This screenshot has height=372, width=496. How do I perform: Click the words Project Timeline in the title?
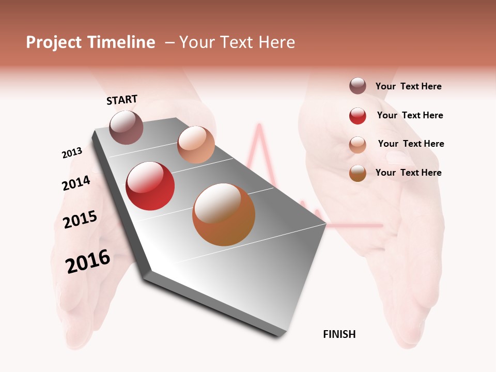click(x=90, y=42)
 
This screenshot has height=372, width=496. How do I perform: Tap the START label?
click(x=122, y=100)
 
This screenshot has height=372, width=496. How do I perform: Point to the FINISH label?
click(x=339, y=334)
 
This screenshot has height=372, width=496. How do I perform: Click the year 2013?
click(x=72, y=153)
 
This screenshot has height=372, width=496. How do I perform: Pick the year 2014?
click(x=76, y=183)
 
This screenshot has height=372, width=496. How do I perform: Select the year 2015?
click(x=80, y=220)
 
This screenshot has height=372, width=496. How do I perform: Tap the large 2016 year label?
click(x=88, y=261)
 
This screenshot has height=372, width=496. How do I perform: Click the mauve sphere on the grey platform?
click(x=127, y=127)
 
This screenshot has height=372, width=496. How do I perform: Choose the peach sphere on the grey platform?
click(x=196, y=145)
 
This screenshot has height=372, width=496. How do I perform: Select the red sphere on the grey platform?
click(x=150, y=186)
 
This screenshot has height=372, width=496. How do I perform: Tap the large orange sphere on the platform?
click(x=224, y=214)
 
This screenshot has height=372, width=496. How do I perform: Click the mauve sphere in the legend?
click(x=358, y=86)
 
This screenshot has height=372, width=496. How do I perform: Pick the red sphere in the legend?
click(x=358, y=116)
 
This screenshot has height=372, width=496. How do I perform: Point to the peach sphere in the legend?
click(x=358, y=145)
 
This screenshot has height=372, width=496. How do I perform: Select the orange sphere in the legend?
click(x=358, y=173)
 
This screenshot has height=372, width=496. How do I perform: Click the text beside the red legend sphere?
click(x=410, y=115)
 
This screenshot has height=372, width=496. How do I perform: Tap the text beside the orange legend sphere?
click(x=408, y=173)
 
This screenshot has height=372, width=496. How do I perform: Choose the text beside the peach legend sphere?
click(x=411, y=144)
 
